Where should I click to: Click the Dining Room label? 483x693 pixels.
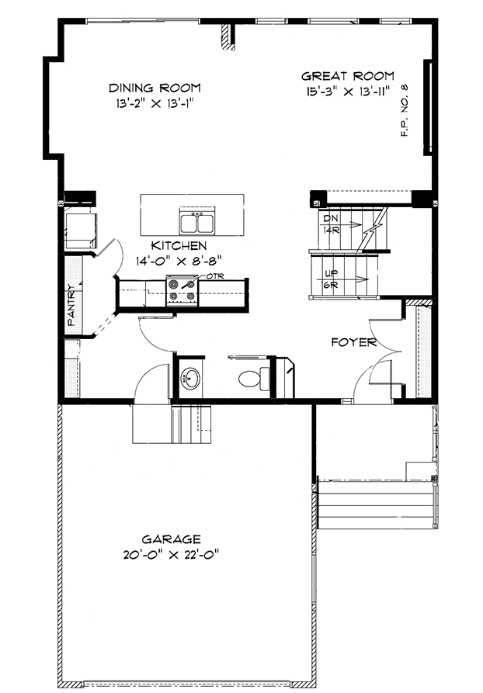(155, 88)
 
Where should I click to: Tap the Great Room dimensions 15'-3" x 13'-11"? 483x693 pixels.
(348, 92)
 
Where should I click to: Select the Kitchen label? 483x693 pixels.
(179, 246)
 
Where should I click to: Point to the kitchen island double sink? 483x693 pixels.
(197, 222)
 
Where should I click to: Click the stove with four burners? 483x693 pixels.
(182, 290)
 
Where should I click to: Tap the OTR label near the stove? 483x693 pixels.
(215, 276)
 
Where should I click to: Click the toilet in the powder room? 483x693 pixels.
(254, 379)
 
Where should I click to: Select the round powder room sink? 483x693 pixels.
(190, 379)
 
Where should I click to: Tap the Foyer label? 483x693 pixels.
(354, 342)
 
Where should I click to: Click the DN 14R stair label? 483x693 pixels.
(331, 224)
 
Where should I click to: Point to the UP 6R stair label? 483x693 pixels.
(331, 279)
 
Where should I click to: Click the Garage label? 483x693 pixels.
(171, 539)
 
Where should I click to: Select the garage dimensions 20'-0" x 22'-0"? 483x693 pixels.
(171, 554)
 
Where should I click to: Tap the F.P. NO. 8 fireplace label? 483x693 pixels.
(405, 110)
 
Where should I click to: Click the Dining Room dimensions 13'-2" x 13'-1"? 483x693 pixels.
(155, 103)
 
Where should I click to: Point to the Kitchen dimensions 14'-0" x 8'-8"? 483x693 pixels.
(179, 262)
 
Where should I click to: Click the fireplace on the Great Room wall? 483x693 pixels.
(428, 107)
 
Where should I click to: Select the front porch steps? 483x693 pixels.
(376, 504)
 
